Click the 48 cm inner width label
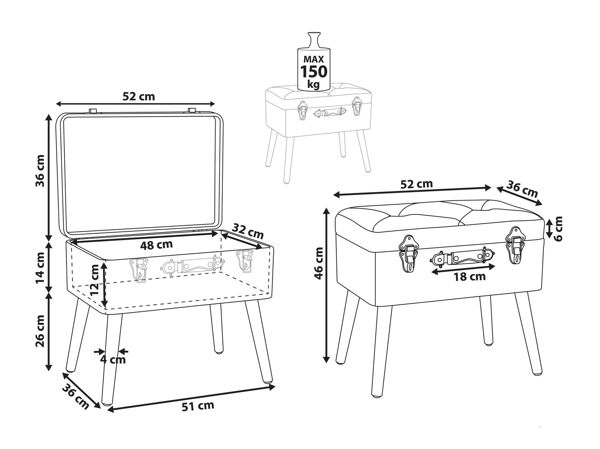point(156,244)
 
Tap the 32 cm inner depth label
point(248,231)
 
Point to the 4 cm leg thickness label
point(112,360)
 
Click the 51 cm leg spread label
point(198,405)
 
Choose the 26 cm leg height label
point(40,330)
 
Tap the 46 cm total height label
point(319,263)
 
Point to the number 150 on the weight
point(314,72)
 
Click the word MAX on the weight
point(314,59)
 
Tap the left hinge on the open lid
point(93,111)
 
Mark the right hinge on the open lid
point(192,110)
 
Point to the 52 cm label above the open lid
point(138,96)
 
